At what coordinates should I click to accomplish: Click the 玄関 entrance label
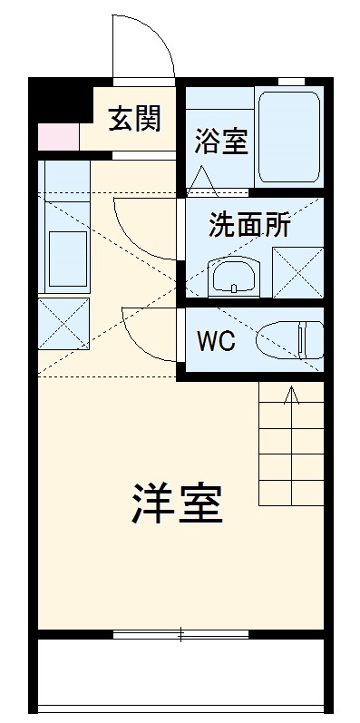[136, 119]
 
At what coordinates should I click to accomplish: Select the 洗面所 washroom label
[249, 225]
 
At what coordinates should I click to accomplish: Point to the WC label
[217, 341]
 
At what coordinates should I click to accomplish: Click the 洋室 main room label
[179, 503]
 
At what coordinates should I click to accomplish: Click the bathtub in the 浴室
[288, 136]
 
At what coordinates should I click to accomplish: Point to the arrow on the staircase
[291, 396]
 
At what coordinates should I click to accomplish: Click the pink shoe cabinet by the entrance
[58, 136]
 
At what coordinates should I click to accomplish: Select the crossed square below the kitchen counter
[63, 323]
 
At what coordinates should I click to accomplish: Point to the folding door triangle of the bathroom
[202, 181]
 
